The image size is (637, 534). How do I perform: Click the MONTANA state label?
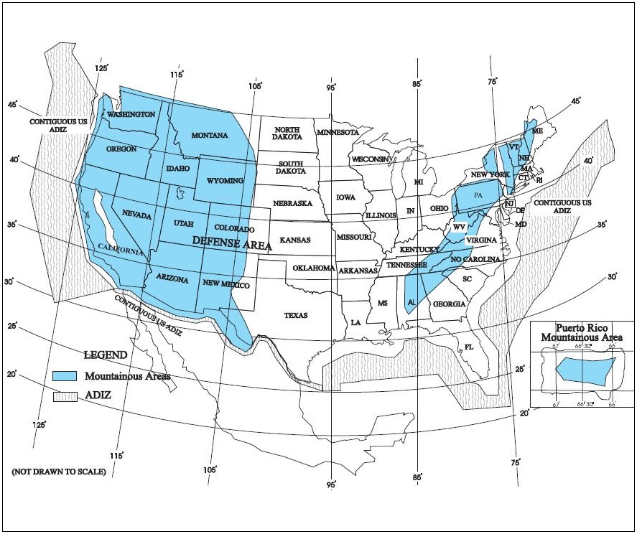point(209,136)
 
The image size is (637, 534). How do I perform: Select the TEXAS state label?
point(295,315)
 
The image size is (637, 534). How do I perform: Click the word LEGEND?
point(106,355)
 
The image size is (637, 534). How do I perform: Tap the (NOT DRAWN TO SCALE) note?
point(59,472)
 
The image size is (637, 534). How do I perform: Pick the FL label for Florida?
point(469,347)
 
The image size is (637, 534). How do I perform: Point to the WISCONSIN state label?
point(371,159)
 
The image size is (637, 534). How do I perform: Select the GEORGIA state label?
point(449,304)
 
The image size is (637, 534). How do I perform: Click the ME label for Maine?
point(537,131)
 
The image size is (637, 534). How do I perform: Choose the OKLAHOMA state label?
point(313,268)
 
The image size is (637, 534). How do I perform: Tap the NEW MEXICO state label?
point(225,285)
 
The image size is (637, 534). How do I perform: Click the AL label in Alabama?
point(412,303)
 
